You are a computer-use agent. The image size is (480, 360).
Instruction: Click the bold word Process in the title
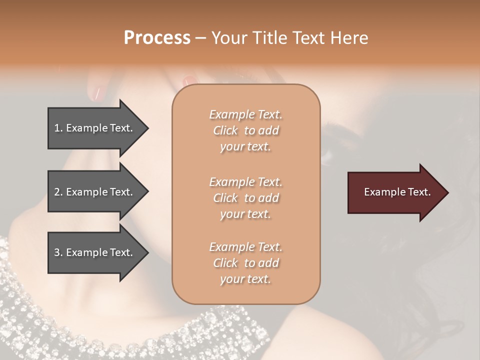[x=157, y=37]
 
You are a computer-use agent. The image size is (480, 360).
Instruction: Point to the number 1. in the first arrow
[x=58, y=128]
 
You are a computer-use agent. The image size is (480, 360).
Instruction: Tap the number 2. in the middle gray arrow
[x=58, y=192]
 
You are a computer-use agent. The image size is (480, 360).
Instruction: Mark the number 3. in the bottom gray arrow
[x=58, y=252]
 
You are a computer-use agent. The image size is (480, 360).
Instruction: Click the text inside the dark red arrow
[x=397, y=192]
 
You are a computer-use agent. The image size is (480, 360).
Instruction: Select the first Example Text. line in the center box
[x=245, y=114]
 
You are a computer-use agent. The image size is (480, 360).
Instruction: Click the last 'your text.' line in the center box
[x=245, y=279]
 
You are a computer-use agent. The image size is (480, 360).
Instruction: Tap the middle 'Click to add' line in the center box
[x=245, y=198]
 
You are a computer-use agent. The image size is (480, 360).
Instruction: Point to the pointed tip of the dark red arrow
[x=447, y=192]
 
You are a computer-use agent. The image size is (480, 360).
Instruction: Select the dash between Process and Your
[x=201, y=38]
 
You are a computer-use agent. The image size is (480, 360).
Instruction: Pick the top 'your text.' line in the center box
[x=245, y=147]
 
